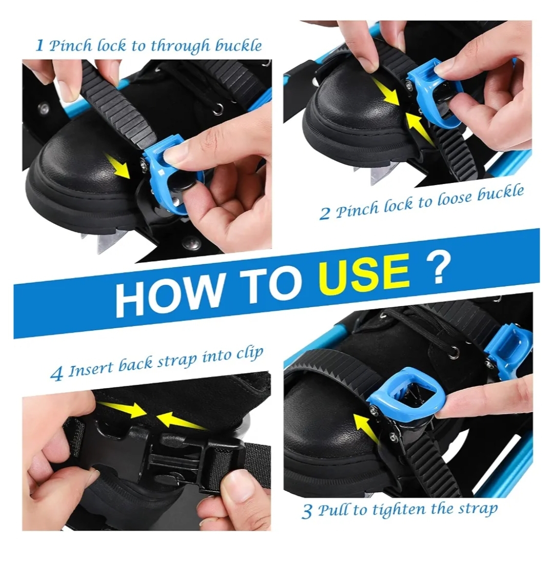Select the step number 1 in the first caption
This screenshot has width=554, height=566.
[x=40, y=46]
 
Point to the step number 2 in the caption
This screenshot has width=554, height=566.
[x=325, y=213]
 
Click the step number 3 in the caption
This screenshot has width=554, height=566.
[x=307, y=511]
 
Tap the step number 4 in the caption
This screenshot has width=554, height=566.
[x=57, y=374]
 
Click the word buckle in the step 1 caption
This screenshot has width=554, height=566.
[x=239, y=46]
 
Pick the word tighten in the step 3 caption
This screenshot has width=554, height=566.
[x=399, y=510]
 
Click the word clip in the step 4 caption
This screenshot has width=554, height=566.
[x=251, y=353]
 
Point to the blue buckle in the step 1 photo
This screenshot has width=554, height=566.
[x=170, y=173]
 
